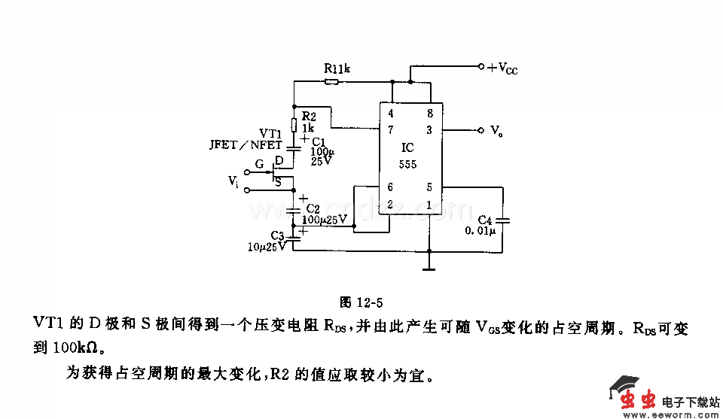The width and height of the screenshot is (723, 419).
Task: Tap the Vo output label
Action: pyautogui.click(x=496, y=131)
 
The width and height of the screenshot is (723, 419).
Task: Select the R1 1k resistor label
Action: pyautogui.click(x=337, y=68)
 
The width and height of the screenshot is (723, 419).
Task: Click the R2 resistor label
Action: pyautogui.click(x=308, y=117)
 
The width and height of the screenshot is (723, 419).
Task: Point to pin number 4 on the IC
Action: pyautogui.click(x=390, y=114)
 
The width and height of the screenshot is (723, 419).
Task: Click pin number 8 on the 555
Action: pyautogui.click(x=430, y=114)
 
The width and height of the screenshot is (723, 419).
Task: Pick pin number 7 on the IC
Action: pyautogui.click(x=390, y=130)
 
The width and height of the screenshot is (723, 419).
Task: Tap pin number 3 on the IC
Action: pyautogui.click(x=430, y=130)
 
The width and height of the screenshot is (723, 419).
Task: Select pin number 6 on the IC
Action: pyautogui.click(x=390, y=187)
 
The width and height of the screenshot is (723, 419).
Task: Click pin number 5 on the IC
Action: pyautogui.click(x=430, y=187)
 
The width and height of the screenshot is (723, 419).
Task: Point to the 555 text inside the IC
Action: pyautogui.click(x=408, y=163)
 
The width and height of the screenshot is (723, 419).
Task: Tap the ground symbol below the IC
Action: pyautogui.click(x=429, y=265)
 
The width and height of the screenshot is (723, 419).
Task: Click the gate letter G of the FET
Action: pyautogui.click(x=260, y=162)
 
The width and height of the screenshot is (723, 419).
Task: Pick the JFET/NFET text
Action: pyautogui.click(x=246, y=145)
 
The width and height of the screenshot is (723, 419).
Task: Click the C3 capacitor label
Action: pyautogui.click(x=277, y=235)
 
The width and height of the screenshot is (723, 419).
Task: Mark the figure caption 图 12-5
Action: pyautogui.click(x=361, y=303)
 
